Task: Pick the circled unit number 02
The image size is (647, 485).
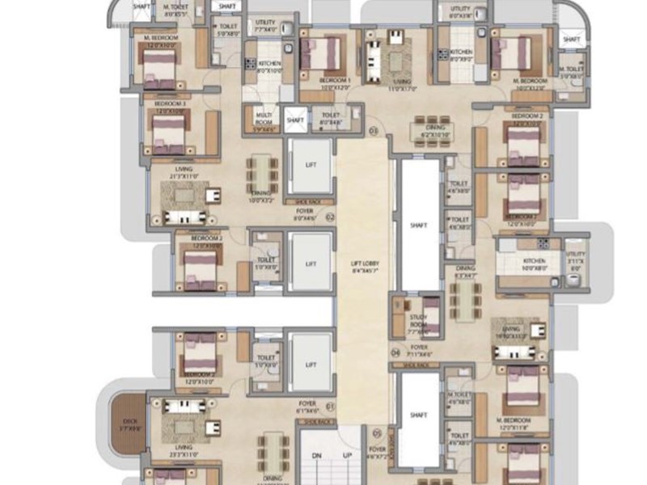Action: [330, 217]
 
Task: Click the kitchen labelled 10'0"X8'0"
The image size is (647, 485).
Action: [534, 262]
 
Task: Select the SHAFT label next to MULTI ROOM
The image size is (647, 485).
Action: [295, 120]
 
